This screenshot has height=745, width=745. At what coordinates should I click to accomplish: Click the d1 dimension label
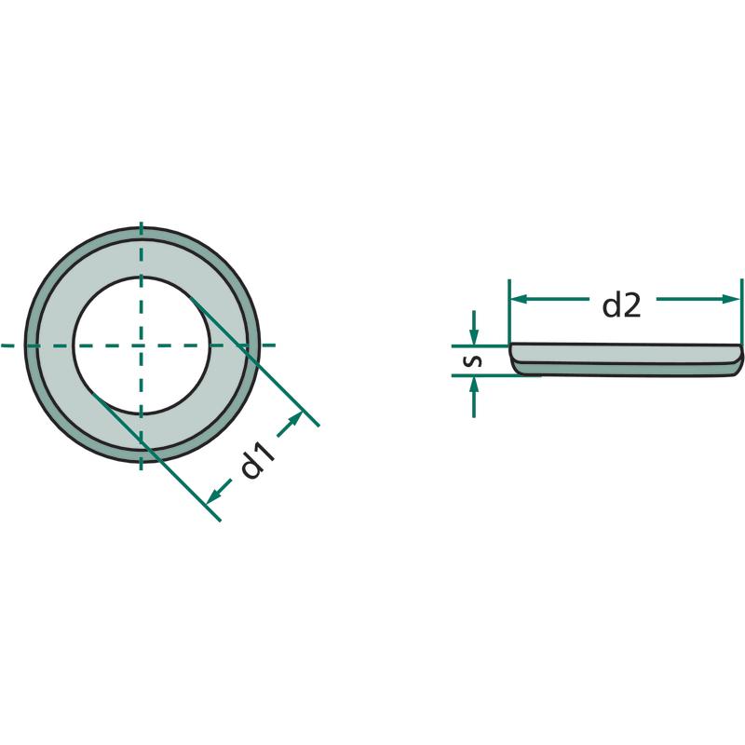[258, 459]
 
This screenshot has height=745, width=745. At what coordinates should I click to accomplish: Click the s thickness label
[473, 361]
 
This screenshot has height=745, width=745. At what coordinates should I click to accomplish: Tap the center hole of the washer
[142, 345]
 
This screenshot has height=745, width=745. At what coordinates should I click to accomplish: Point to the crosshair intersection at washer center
[142, 345]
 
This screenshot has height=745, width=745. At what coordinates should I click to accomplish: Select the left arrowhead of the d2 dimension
[519, 299]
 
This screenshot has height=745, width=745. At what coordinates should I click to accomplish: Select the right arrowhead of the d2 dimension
[731, 299]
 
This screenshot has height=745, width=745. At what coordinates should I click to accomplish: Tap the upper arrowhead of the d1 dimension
[294, 420]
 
